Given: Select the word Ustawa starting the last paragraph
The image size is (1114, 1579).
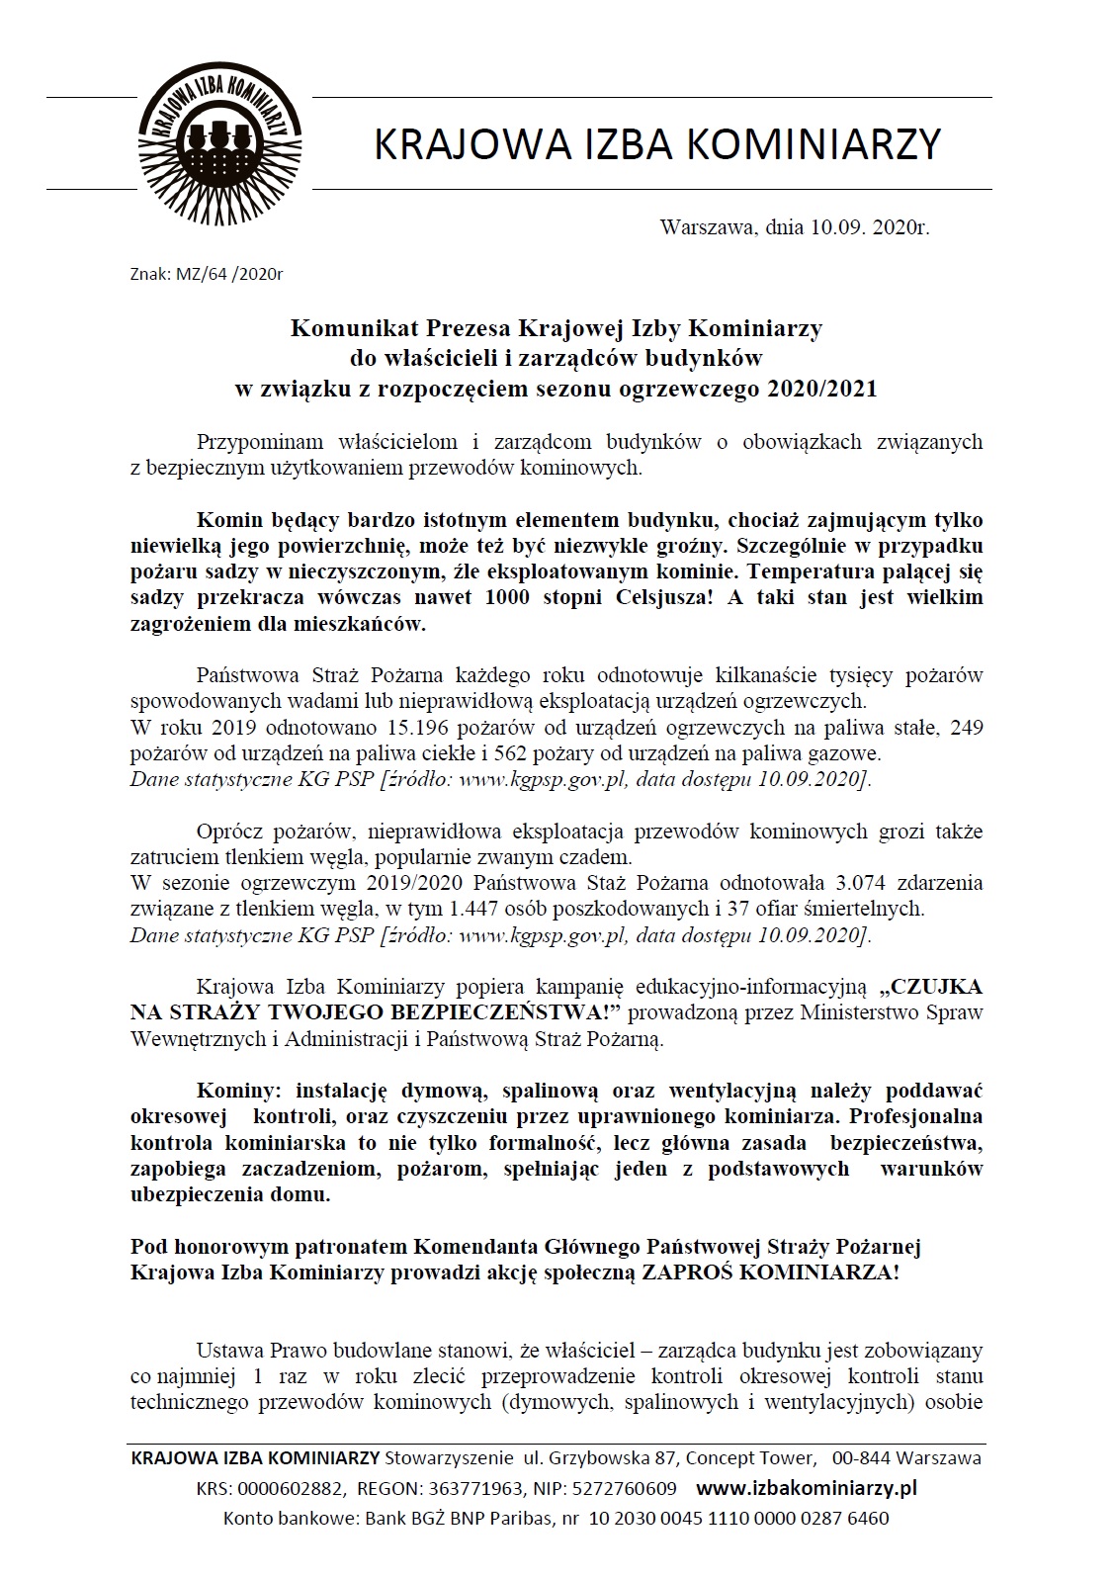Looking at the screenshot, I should pyautogui.click(x=229, y=1350).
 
